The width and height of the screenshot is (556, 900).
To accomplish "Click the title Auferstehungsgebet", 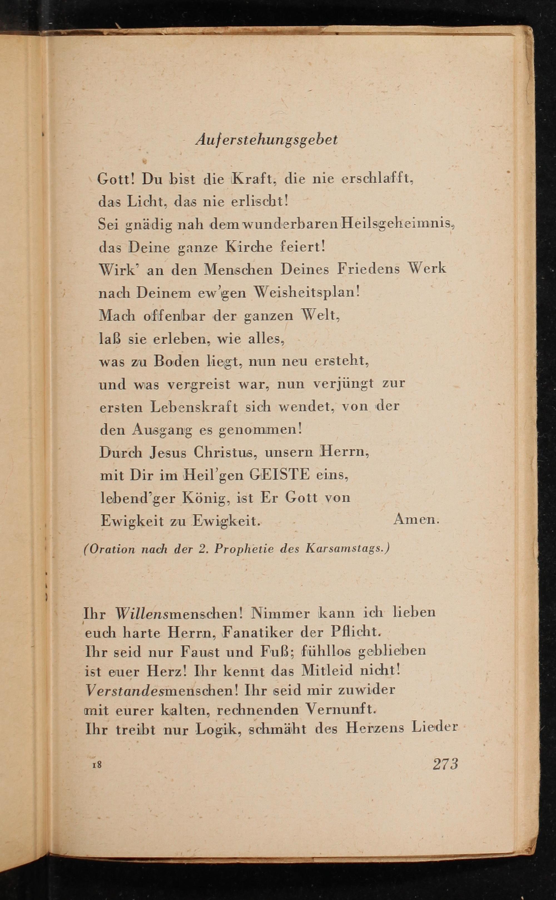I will (266, 140).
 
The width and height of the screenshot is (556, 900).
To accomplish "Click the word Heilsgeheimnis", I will (398, 224).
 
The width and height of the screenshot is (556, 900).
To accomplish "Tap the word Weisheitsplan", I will (307, 293).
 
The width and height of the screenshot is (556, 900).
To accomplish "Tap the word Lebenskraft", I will (194, 407).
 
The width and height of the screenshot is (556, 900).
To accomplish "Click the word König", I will (206, 498).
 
